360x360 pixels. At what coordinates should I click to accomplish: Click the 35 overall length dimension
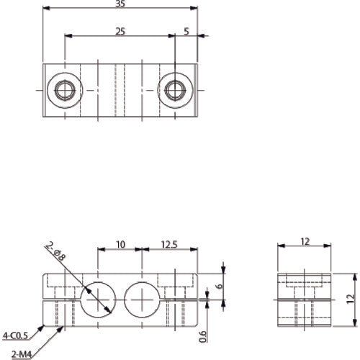tap(120, 4)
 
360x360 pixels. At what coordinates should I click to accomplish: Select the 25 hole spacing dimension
tap(120, 30)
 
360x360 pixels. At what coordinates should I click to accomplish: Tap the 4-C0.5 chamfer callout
tap(15, 335)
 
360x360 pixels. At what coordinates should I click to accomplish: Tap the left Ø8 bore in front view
tap(97, 299)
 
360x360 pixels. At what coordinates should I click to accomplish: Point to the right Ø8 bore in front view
tap(143, 299)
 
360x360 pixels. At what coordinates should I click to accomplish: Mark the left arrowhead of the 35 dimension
tap(45, 9)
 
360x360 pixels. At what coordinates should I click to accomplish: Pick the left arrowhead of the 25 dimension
tap(68, 35)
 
